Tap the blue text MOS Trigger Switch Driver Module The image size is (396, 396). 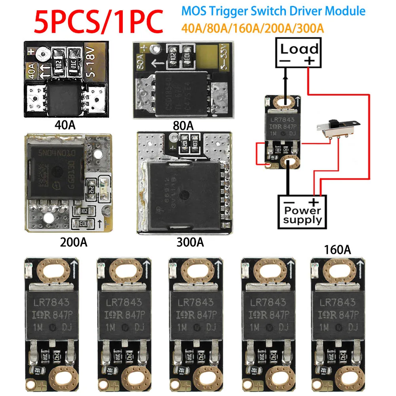point(273,11)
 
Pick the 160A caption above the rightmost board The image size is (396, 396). point(337,249)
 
